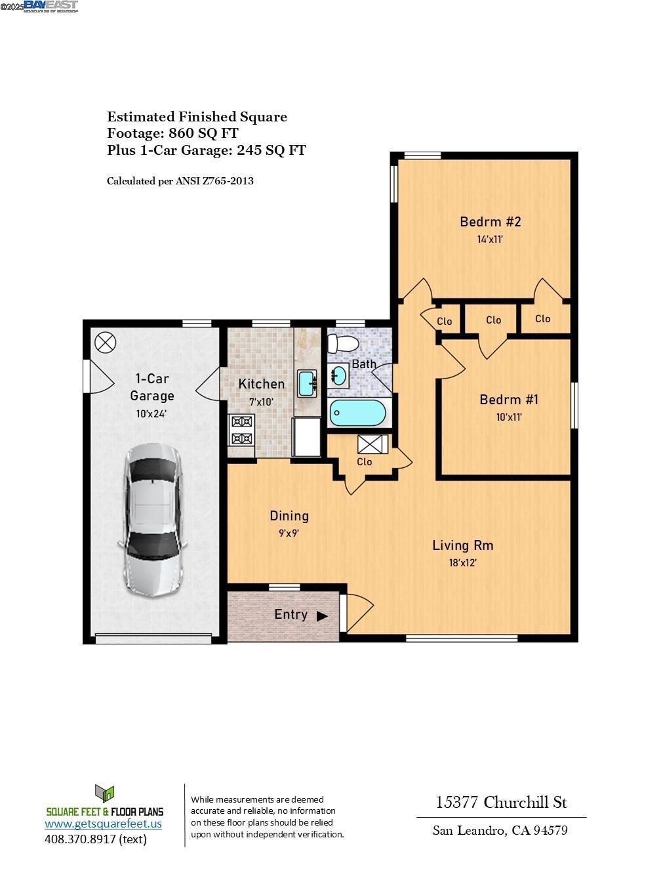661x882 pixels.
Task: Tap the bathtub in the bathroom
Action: click(x=358, y=413)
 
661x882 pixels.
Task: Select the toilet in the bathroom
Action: click(x=343, y=343)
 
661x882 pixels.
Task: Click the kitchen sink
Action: click(x=307, y=383)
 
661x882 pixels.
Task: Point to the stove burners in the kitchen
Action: click(x=241, y=430)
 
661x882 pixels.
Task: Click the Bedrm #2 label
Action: click(x=490, y=222)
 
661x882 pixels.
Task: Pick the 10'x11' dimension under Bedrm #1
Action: click(x=509, y=417)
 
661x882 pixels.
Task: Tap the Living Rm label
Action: click(x=462, y=545)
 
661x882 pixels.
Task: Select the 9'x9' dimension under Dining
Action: click(x=289, y=534)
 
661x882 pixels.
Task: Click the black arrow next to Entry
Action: click(x=322, y=616)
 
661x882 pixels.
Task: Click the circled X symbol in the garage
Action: click(x=105, y=342)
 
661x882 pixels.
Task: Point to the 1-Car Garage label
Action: click(x=152, y=387)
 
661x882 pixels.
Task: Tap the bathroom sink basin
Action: click(x=339, y=375)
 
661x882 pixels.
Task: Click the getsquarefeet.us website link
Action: click(x=103, y=824)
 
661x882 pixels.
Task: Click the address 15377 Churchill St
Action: click(x=502, y=802)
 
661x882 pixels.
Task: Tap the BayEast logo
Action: click(x=50, y=6)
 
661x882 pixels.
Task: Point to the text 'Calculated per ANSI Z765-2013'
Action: click(x=180, y=180)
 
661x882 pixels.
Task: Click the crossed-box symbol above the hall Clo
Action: click(x=372, y=444)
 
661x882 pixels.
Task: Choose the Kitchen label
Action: click(x=261, y=384)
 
